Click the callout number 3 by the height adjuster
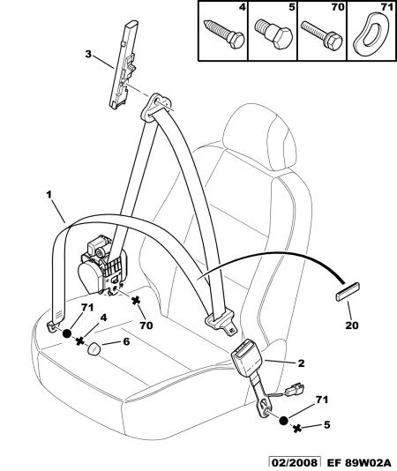(88, 55)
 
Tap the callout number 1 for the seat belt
(49, 195)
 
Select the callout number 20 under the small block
(352, 325)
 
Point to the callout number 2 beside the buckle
(301, 363)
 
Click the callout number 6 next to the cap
(126, 341)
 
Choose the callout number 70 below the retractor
(146, 325)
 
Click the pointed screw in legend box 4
(224, 34)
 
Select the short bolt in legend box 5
(273, 34)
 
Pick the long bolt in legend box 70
(322, 34)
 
